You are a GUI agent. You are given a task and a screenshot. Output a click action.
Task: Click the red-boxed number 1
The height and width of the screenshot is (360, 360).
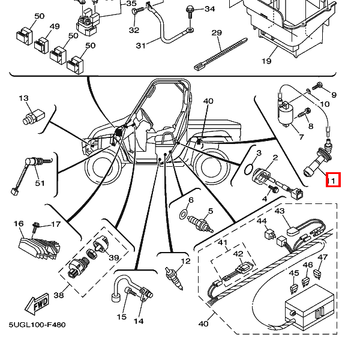(x=333, y=179)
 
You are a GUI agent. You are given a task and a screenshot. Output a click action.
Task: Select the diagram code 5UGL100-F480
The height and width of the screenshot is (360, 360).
(x=37, y=325)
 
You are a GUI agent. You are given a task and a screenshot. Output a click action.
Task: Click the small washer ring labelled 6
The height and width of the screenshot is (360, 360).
(x=184, y=214)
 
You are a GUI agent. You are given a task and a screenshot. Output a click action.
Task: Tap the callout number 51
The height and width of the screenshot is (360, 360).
(x=40, y=183)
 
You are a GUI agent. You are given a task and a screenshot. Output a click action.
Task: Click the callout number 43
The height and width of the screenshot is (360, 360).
(x=279, y=211)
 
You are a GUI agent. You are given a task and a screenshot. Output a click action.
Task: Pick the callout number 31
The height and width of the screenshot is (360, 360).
(x=141, y=45)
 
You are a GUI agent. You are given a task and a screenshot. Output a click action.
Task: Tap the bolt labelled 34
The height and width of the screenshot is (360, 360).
(x=190, y=9)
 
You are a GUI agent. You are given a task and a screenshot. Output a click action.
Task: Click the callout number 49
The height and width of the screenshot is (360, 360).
(x=55, y=27)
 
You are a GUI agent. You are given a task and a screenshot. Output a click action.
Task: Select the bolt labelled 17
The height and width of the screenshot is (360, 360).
(x=37, y=227)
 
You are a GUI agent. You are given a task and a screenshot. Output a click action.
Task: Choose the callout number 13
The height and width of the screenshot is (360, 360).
(x=23, y=98)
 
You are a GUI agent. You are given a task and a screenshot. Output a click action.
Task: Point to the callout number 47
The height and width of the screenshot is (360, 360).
(x=323, y=257)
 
